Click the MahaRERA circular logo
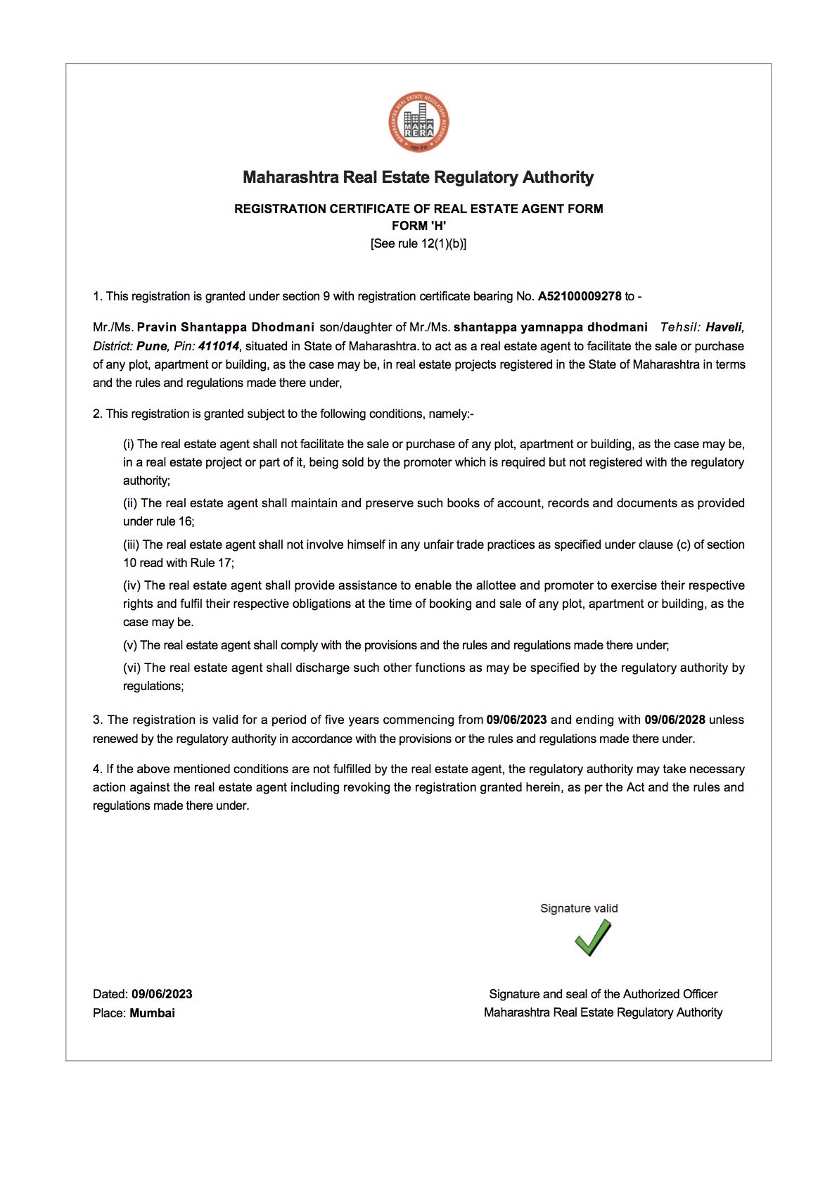(419, 123)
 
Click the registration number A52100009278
(580, 296)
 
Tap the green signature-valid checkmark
(593, 938)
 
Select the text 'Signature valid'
(579, 908)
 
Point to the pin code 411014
(219, 346)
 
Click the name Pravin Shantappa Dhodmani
(226, 327)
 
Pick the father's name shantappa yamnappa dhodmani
(551, 327)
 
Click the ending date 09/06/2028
(675, 720)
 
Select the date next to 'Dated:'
(162, 994)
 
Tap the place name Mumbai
(152, 1013)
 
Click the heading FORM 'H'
(419, 226)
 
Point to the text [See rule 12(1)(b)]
(419, 243)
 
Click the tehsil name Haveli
(724, 327)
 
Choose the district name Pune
(152, 346)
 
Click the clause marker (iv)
(132, 585)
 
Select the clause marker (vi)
(132, 668)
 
